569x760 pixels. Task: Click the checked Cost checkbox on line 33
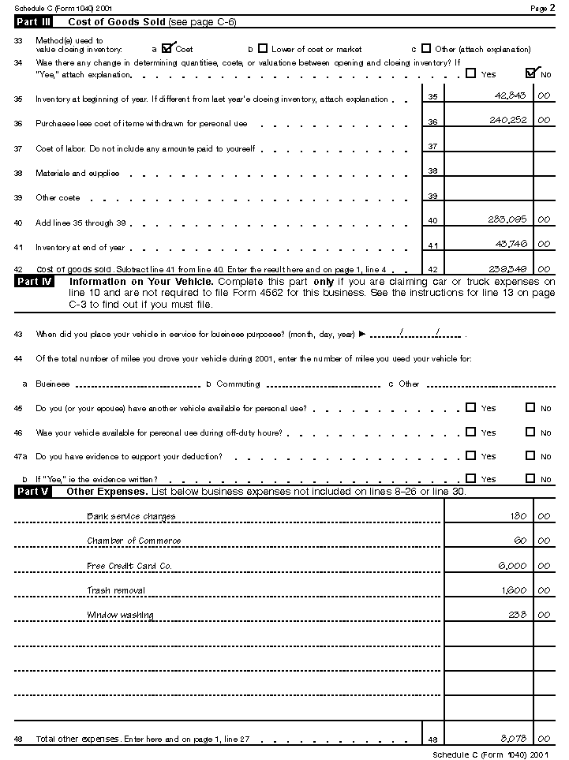pyautogui.click(x=167, y=48)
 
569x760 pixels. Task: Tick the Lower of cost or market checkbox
pyautogui.click(x=263, y=48)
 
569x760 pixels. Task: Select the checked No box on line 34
pyautogui.click(x=530, y=73)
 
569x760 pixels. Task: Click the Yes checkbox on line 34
pyautogui.click(x=470, y=73)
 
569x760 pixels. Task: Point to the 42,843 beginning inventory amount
pyautogui.click(x=510, y=95)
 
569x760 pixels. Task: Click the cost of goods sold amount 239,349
pyautogui.click(x=508, y=268)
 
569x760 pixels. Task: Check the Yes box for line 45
pyautogui.click(x=470, y=408)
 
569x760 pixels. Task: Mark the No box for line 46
pyautogui.click(x=530, y=432)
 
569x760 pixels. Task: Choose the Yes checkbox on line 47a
pyautogui.click(x=470, y=455)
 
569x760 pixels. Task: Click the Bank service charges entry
pyautogui.click(x=131, y=516)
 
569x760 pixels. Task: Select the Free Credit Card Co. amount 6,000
pyautogui.click(x=512, y=566)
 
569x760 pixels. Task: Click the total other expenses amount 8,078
pyautogui.click(x=513, y=738)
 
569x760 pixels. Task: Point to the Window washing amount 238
pyautogui.click(x=518, y=615)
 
